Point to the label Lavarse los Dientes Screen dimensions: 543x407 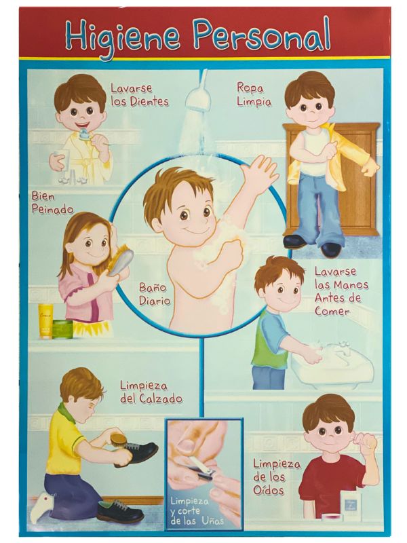[140, 95]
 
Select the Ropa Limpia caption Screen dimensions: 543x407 [253, 94]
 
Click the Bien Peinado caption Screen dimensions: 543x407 [52, 203]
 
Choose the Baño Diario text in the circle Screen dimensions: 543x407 [153, 293]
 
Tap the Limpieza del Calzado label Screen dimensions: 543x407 [151, 392]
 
